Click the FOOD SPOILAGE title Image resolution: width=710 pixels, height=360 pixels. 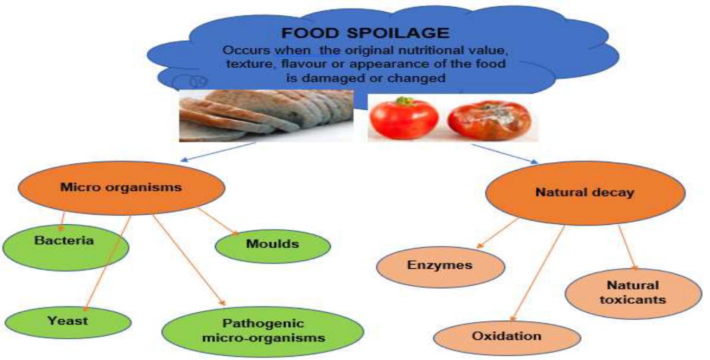point(365,33)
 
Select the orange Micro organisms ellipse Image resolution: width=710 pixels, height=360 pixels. point(121,187)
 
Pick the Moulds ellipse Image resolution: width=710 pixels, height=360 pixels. point(272,244)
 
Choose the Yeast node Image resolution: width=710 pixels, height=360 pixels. point(67,321)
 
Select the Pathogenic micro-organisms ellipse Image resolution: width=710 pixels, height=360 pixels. point(263,330)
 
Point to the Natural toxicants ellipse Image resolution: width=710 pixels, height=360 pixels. point(633,293)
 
